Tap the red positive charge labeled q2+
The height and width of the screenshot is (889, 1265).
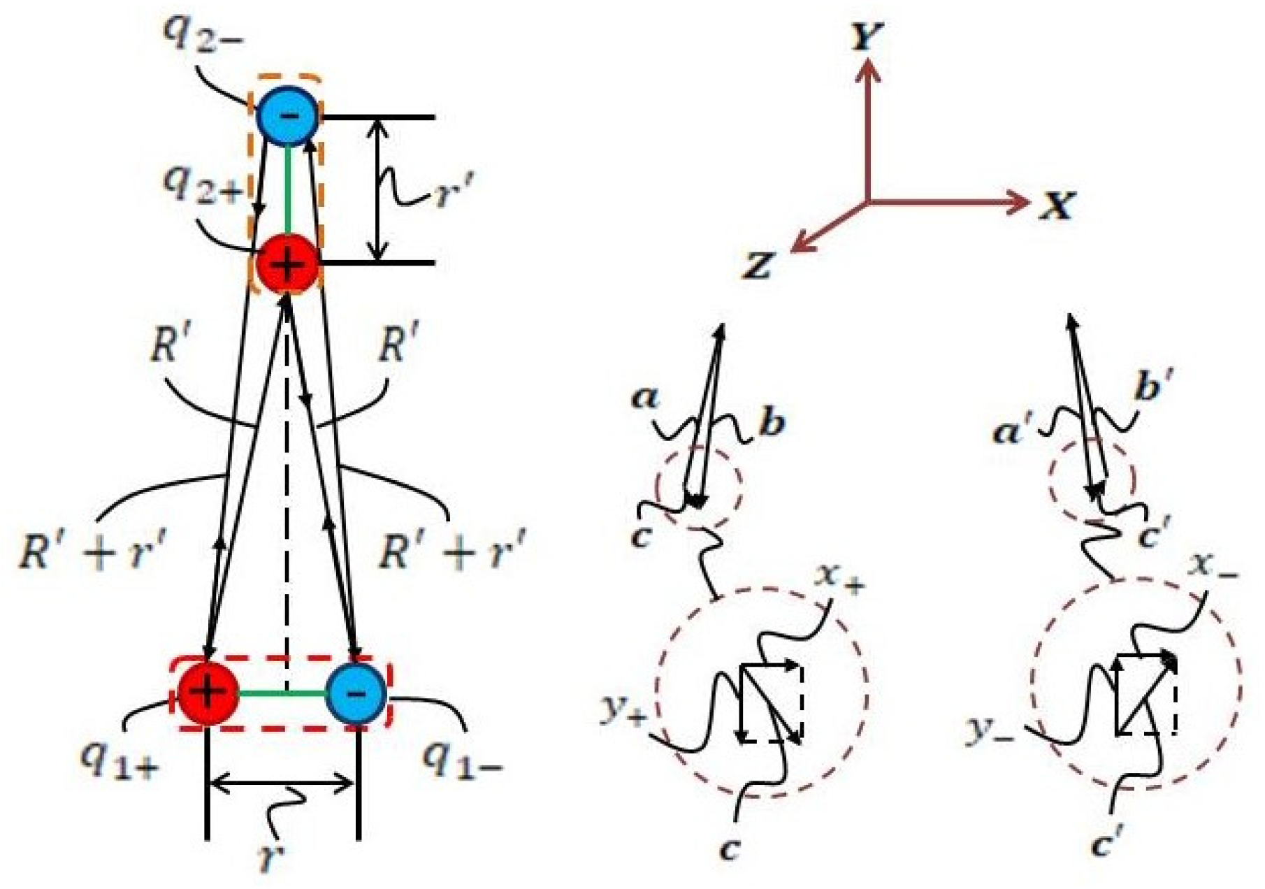click(287, 264)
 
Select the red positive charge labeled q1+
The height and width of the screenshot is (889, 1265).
click(207, 693)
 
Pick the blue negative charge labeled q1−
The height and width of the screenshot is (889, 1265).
click(356, 693)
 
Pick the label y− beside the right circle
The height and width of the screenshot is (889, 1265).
click(990, 730)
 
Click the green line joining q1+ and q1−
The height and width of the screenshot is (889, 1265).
click(282, 693)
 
